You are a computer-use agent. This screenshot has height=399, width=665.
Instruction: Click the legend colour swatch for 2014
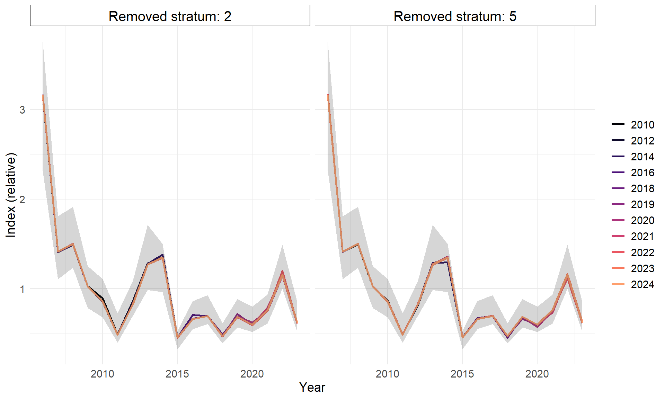[x=618, y=157]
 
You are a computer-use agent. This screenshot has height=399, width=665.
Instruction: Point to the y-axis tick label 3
[x=23, y=110]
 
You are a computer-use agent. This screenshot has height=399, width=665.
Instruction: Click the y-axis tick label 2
[x=23, y=199]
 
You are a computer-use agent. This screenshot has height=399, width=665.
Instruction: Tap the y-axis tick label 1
[x=23, y=289]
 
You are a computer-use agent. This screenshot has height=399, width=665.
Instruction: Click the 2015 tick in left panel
[x=177, y=374]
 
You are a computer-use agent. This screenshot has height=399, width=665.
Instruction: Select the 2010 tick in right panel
[x=387, y=374]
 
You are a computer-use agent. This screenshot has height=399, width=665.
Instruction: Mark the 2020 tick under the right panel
[x=537, y=374]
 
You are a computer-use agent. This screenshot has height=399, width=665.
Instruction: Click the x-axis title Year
[x=312, y=387]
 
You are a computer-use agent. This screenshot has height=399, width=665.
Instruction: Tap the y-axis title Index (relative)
[x=11, y=195]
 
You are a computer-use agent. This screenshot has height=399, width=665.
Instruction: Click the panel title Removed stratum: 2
[x=170, y=16]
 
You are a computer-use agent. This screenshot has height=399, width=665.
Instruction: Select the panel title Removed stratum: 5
[x=455, y=16]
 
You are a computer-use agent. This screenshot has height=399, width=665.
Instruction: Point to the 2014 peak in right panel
[x=447, y=258]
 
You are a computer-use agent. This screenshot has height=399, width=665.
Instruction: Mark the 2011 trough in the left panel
[x=117, y=334]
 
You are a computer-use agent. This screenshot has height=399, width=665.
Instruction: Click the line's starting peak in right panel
[x=328, y=95]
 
